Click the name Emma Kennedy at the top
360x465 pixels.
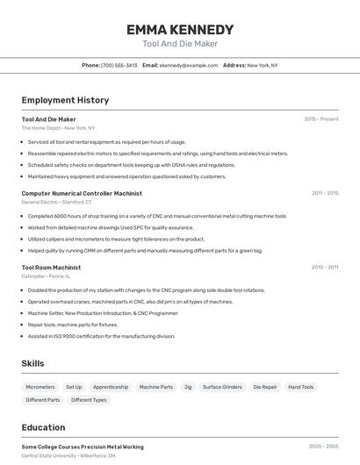180,29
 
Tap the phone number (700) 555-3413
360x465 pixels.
119,65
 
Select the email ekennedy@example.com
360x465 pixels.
188,65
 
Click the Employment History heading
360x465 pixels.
65,100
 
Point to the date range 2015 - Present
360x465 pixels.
320,118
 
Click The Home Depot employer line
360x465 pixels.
58,128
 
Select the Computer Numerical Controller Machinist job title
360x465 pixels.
82,193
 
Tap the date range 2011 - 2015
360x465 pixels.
324,193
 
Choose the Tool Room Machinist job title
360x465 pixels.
51,267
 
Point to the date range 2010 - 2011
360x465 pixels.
324,267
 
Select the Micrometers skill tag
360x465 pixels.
40,387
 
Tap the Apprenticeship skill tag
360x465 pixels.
111,387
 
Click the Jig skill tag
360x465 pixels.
188,387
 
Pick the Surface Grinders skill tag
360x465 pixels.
222,387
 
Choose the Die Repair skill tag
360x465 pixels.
265,387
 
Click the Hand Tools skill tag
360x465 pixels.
301,387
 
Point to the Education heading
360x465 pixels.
43,427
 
